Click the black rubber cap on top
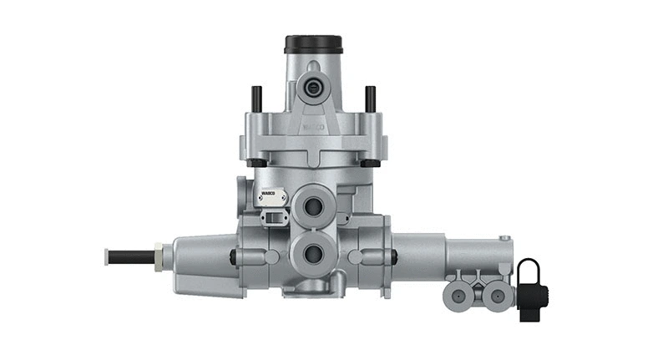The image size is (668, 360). pos(313,43)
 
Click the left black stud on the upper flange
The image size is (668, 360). pos(256,98)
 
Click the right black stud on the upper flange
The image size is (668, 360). pos(370,98)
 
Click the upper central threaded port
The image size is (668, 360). pos(314,207)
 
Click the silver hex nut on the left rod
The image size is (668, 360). pos(159,255)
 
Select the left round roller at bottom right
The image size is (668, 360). pos(460,295)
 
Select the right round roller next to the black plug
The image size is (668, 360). pos(497,295)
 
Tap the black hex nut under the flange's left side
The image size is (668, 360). pos(258,161)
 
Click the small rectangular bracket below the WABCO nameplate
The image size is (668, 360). pos(273,218)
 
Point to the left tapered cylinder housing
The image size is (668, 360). pos(200,263)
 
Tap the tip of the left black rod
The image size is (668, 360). pos(108,256)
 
